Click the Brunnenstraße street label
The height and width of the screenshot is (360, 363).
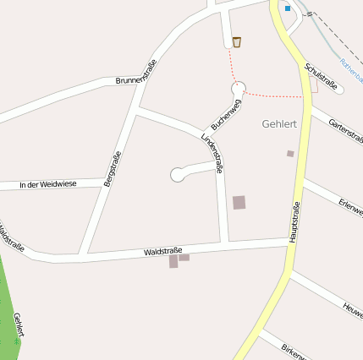click(x=135, y=72)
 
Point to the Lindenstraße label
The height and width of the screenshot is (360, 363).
click(x=213, y=153)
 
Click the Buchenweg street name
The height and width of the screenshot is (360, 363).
click(x=226, y=113)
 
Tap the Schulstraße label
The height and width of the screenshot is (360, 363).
click(x=322, y=76)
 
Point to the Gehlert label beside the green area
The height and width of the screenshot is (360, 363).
click(x=19, y=325)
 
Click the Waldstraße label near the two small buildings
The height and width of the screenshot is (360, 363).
click(x=163, y=251)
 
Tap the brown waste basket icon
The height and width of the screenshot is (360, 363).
click(x=237, y=41)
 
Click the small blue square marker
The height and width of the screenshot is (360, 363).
click(x=288, y=8)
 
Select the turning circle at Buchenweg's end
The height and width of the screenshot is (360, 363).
click(x=239, y=87)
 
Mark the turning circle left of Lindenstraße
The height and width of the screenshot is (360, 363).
click(x=178, y=175)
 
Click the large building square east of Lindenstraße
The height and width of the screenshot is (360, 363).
click(x=239, y=202)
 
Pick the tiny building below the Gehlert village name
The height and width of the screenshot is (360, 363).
click(x=290, y=154)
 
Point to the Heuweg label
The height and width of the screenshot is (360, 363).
click(x=353, y=308)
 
